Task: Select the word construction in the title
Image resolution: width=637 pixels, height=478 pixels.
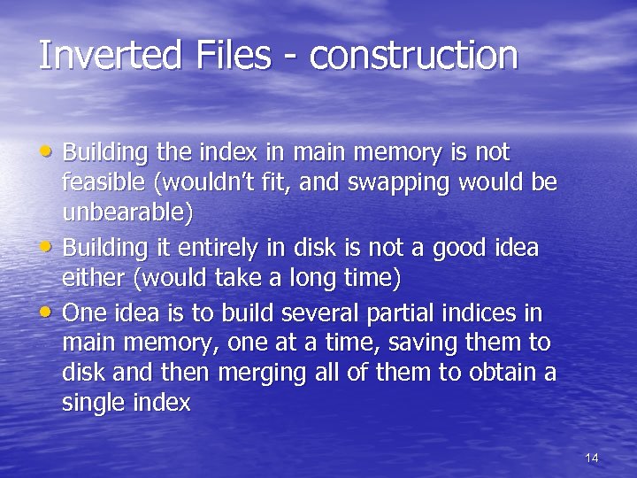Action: pos(413,55)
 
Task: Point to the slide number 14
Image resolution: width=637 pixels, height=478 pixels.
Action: pos(592,458)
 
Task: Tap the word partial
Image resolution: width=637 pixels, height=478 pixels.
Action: pos(421,312)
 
